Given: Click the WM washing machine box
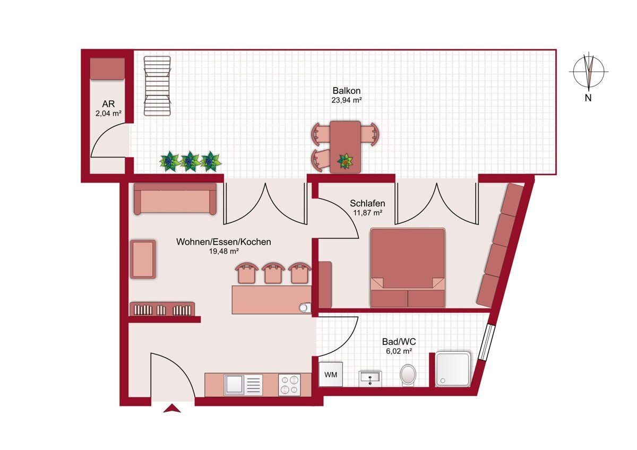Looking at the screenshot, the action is [x=330, y=375].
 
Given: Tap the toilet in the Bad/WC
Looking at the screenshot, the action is [x=408, y=375].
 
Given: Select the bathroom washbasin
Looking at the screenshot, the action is [x=370, y=378].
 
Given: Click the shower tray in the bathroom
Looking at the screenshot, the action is [x=453, y=369].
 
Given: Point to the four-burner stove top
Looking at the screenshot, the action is [x=289, y=385].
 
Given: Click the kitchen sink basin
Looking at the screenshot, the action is [x=234, y=385].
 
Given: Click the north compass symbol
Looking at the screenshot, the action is [x=588, y=72].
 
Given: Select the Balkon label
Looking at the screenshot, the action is [x=346, y=91].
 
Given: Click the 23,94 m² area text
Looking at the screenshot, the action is [x=346, y=100].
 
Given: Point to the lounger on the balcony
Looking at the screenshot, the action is [x=157, y=86].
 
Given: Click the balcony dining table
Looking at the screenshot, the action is [x=345, y=147].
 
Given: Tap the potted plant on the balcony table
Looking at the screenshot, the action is [x=345, y=161].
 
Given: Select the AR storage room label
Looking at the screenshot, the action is [x=108, y=103].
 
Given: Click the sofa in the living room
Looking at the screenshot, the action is [x=175, y=198].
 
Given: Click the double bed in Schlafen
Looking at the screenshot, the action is [x=408, y=268].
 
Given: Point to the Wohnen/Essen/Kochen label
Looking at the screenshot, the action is [x=223, y=241].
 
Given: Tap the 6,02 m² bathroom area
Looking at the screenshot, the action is [x=399, y=351].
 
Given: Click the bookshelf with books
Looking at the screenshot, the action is [x=162, y=309].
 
